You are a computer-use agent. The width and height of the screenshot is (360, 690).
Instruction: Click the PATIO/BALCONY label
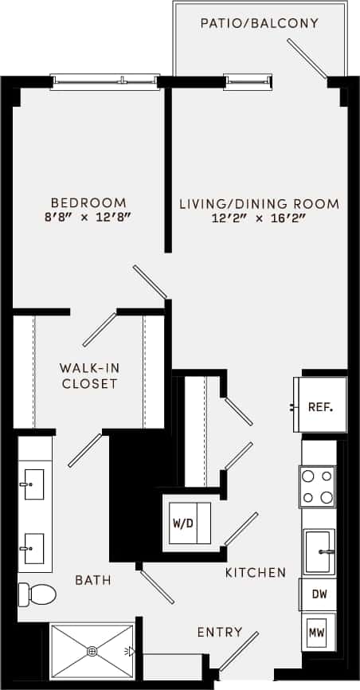pyautogui.click(x=260, y=23)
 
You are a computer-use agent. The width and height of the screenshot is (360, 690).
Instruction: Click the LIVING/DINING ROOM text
pyautogui.click(x=259, y=204)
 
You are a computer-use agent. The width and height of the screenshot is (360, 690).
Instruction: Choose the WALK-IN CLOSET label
pyautogui.click(x=88, y=376)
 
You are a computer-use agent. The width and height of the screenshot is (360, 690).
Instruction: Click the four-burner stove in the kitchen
pyautogui.click(x=317, y=486)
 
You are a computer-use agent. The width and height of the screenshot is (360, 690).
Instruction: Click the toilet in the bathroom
pyautogui.click(x=38, y=594)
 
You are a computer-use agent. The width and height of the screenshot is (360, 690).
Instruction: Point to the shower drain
pyautogui.click(x=92, y=650)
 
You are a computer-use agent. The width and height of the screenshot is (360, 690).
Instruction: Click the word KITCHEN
pyautogui.click(x=255, y=573)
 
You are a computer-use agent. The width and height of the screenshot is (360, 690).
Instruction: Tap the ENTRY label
pyautogui.click(x=220, y=633)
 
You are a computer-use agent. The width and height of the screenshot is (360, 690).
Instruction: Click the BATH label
pyautogui.click(x=93, y=580)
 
